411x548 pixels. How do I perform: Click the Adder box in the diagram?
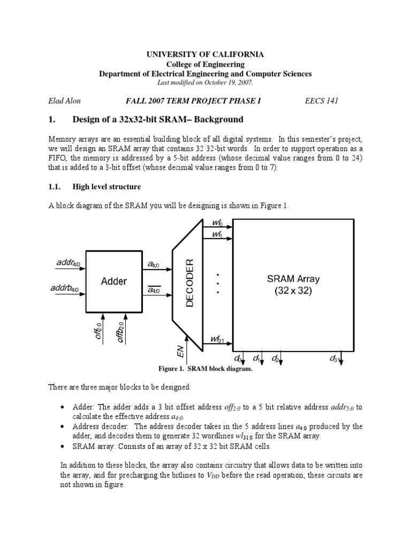(113, 281)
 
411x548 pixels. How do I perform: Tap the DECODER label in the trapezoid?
(189, 282)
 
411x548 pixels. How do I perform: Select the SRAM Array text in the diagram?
(293, 279)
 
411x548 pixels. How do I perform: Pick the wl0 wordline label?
(217, 222)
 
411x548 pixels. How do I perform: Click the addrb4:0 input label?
(65, 289)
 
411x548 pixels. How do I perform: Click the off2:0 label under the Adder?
(98, 332)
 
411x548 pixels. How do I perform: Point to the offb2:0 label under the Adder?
(121, 332)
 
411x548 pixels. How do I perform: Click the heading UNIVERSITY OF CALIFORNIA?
(205, 55)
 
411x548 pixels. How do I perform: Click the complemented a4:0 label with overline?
(154, 290)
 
